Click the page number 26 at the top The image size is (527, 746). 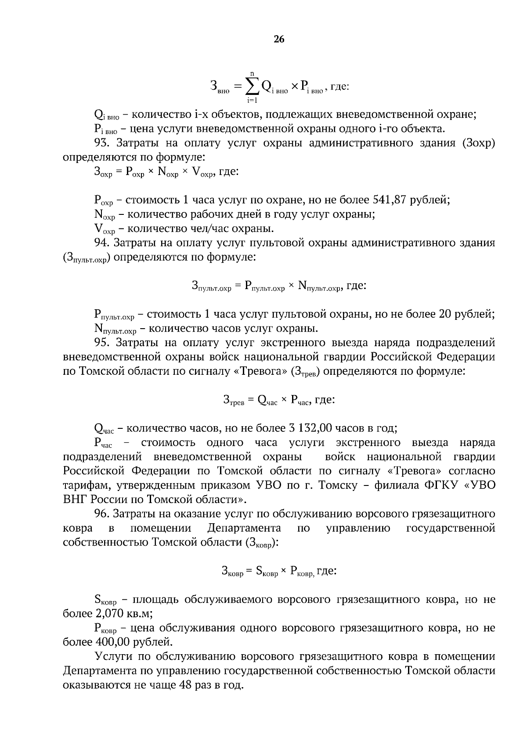[279, 39]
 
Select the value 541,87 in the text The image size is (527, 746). [390, 200]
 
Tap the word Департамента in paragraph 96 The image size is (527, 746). [244, 528]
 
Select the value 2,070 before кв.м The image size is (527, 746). [109, 613]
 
